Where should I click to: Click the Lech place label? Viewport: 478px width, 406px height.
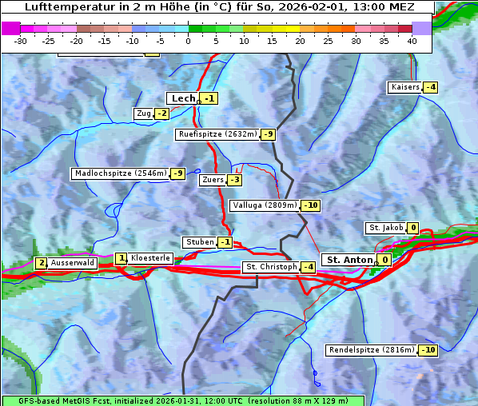(183, 98)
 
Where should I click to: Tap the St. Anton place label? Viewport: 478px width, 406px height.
(350, 260)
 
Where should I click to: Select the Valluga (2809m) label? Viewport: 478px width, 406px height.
(265, 205)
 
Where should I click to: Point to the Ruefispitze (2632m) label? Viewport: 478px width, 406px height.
(217, 134)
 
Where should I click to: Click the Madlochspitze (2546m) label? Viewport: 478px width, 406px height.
(120, 173)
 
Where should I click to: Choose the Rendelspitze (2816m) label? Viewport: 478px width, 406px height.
(372, 350)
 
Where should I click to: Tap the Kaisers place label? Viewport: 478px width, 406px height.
(404, 87)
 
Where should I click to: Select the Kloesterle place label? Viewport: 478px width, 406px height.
(150, 258)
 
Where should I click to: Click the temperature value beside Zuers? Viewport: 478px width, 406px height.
(235, 180)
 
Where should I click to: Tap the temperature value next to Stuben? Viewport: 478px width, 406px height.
(226, 242)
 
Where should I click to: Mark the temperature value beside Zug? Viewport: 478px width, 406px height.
(162, 113)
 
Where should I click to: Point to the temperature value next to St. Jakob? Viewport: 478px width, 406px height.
(413, 228)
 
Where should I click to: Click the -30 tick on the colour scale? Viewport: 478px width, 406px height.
(21, 41)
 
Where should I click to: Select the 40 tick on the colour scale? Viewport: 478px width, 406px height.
(412, 41)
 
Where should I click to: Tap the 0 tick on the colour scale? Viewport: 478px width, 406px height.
(189, 41)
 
